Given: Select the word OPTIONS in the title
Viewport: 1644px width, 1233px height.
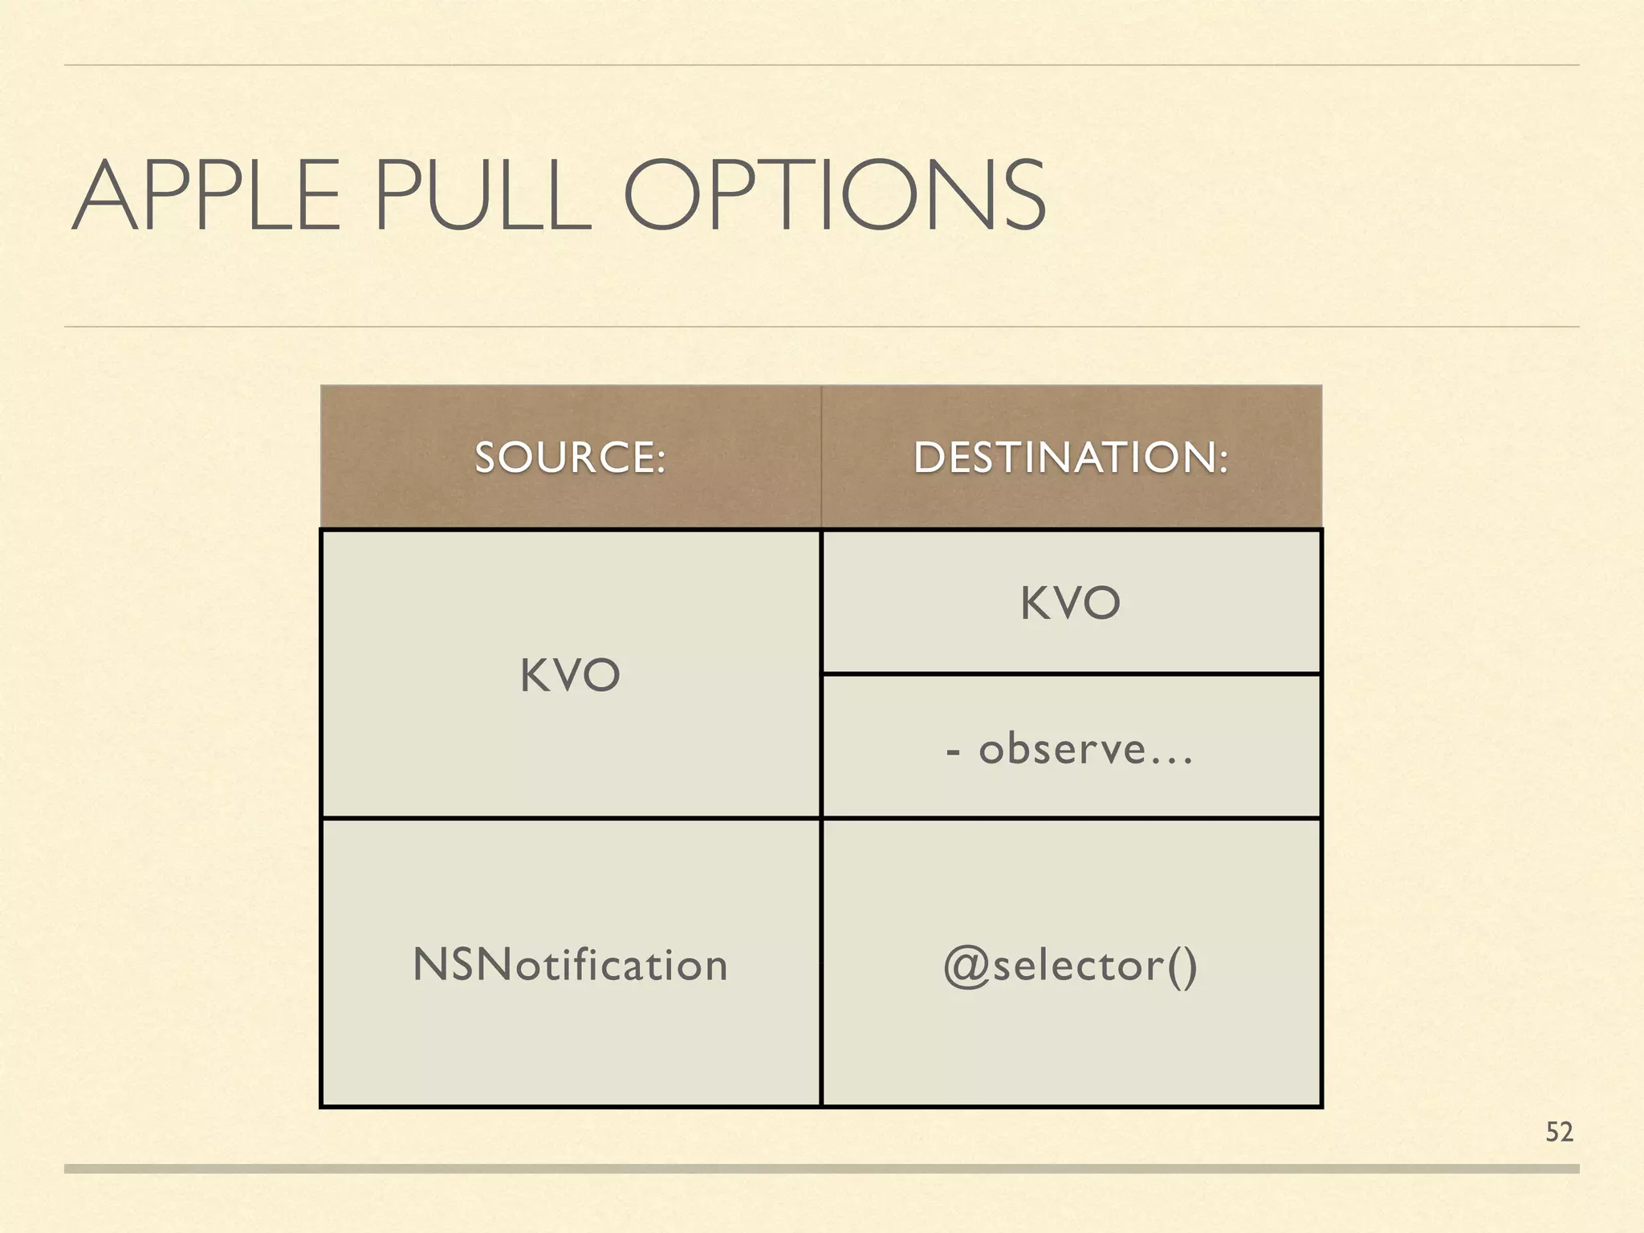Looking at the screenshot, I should [835, 197].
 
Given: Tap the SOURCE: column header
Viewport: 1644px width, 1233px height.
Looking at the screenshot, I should [570, 458].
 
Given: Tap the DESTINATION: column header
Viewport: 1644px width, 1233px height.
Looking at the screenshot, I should [1071, 458].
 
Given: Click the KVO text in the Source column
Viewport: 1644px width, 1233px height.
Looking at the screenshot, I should [570, 675].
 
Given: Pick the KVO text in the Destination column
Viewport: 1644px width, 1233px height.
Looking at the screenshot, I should [1070, 603].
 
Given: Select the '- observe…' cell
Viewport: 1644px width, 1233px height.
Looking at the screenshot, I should [1070, 749].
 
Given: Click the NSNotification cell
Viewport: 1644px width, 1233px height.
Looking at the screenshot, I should [570, 964].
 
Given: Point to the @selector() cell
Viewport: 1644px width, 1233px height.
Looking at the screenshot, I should [1070, 964].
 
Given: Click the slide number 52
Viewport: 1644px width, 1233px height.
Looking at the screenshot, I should [1559, 1132].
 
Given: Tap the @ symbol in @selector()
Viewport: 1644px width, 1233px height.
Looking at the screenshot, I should [966, 966].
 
